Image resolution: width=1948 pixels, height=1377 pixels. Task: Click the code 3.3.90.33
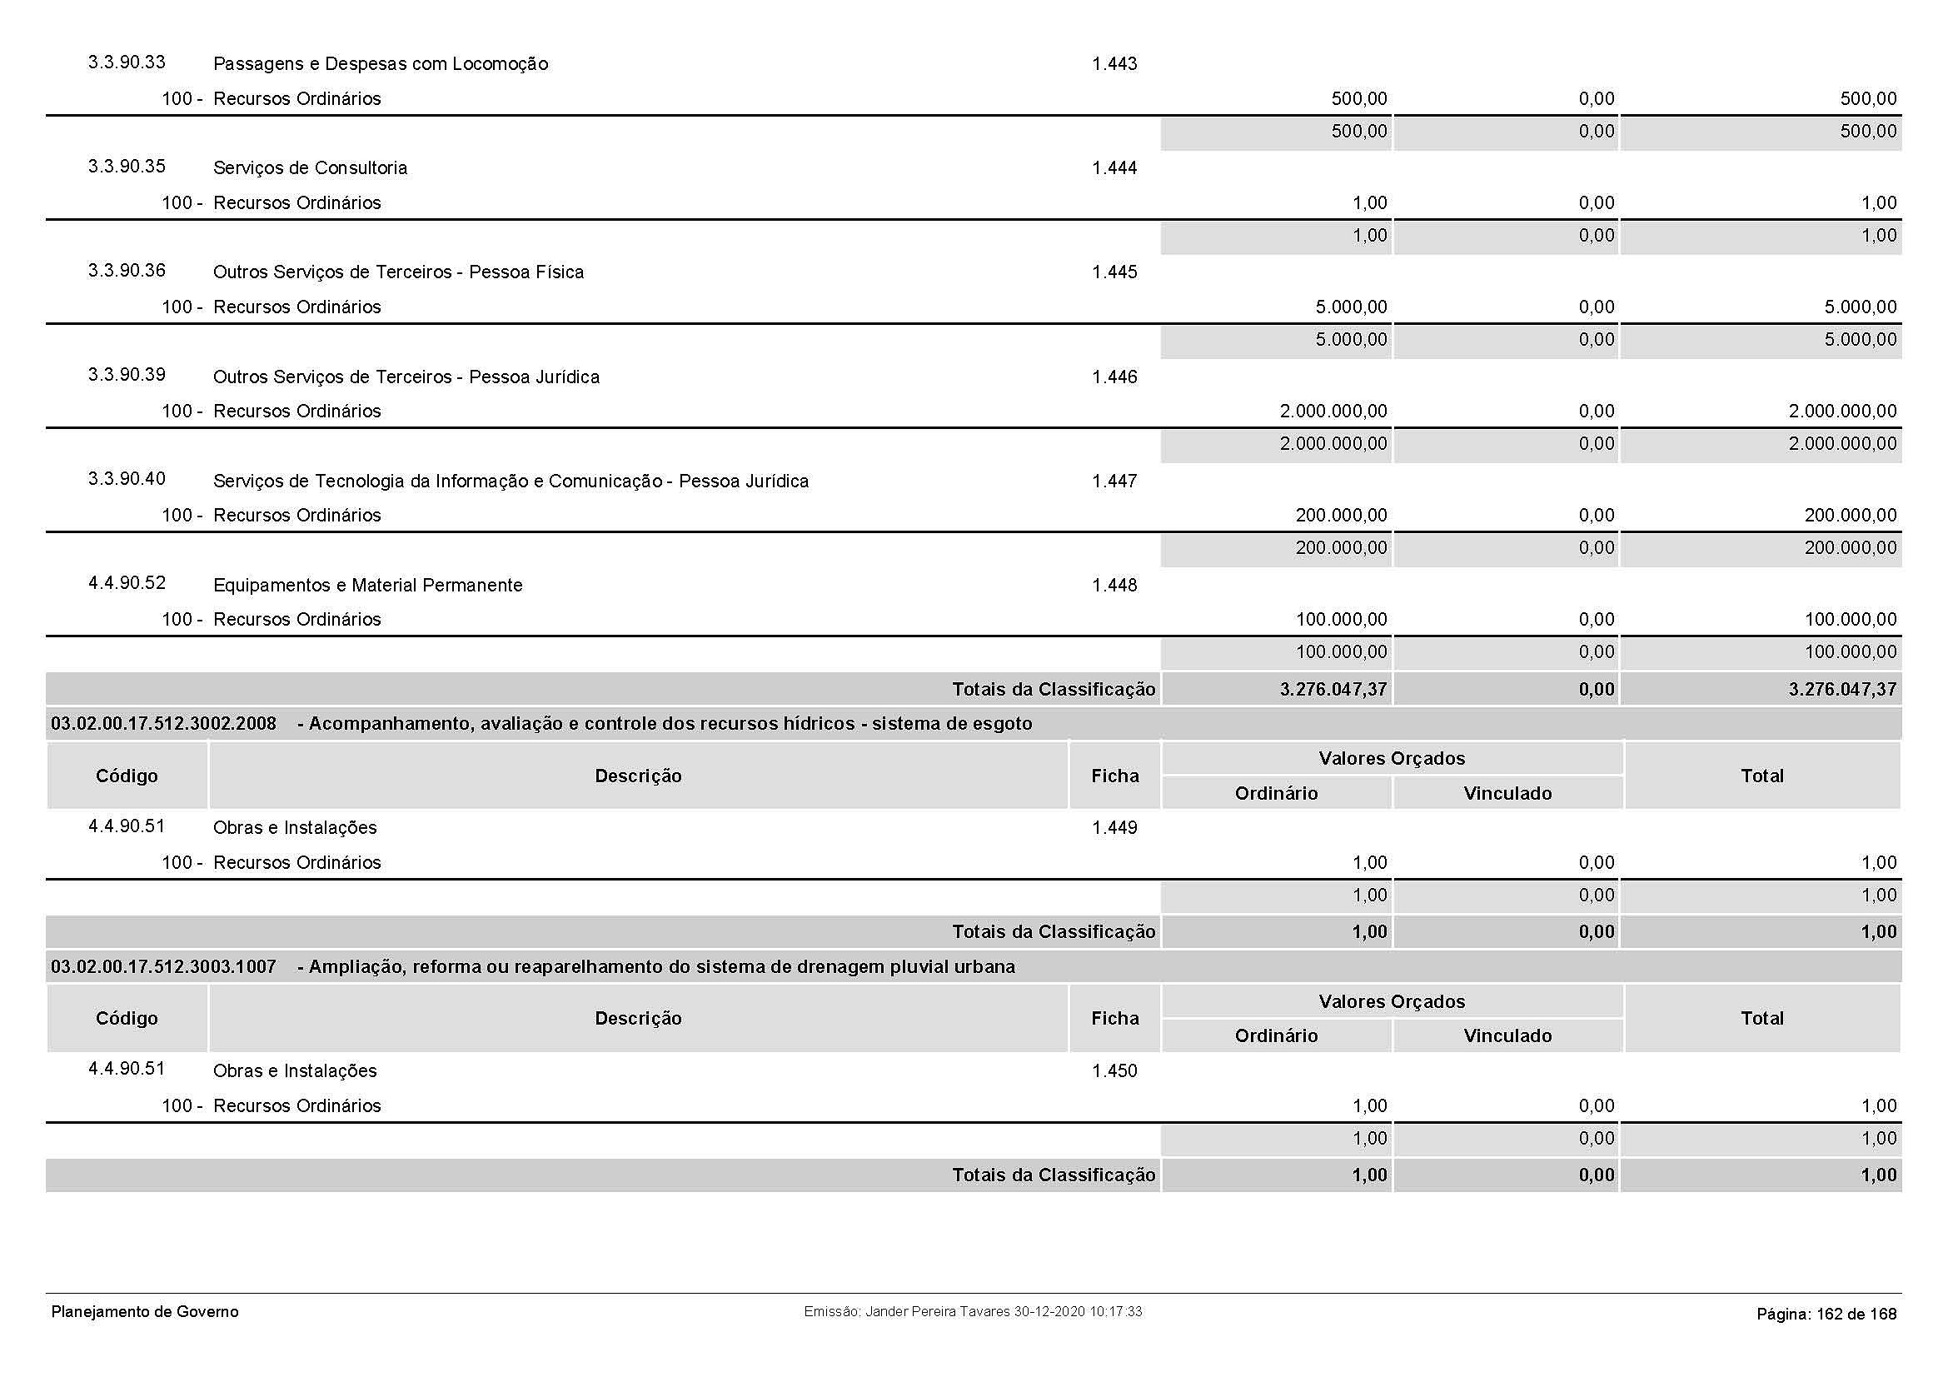(x=127, y=62)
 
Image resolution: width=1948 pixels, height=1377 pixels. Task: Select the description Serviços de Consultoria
(x=310, y=168)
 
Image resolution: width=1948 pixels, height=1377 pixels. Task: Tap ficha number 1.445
(x=1114, y=272)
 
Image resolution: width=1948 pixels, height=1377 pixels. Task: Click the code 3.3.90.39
(x=127, y=375)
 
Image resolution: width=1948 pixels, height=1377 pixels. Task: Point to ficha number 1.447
(x=1114, y=481)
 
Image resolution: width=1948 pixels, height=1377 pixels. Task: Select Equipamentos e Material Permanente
(x=367, y=586)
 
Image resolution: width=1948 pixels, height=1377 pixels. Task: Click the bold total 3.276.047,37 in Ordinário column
(x=1333, y=689)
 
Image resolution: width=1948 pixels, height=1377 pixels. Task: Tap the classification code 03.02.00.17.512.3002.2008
(x=164, y=724)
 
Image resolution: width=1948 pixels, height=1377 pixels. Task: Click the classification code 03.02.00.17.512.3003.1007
(x=164, y=966)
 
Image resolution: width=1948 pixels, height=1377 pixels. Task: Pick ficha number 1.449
(x=1114, y=828)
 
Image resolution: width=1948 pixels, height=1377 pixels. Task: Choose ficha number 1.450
(x=1114, y=1070)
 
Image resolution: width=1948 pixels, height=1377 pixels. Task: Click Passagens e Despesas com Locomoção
(x=380, y=63)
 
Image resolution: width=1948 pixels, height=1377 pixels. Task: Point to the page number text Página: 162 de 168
(x=1826, y=1315)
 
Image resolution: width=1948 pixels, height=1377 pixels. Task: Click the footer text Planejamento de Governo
(x=145, y=1312)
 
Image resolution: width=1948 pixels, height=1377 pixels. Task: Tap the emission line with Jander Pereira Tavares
(x=972, y=1312)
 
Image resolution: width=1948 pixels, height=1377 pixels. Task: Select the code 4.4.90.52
(x=127, y=583)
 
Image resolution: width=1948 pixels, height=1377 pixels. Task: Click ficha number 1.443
(x=1114, y=63)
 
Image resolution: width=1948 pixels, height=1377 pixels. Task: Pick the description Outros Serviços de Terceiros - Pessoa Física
(x=398, y=272)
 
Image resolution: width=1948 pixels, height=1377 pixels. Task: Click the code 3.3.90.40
(x=127, y=478)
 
